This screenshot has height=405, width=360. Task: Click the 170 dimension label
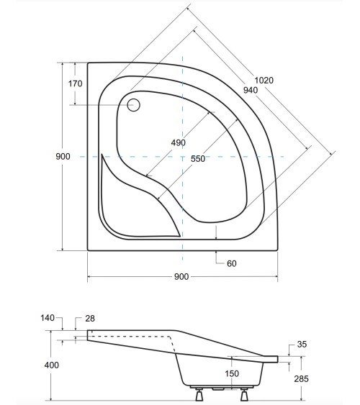(76, 84)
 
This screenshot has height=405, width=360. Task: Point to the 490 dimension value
(178, 142)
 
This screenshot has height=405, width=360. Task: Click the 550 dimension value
(198, 159)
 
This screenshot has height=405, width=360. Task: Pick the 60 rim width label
(232, 263)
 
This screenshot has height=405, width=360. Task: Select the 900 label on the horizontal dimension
(181, 278)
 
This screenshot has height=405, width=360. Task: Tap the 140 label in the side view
(48, 318)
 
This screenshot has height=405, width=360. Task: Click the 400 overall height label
(51, 365)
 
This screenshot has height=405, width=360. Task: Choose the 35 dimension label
(301, 345)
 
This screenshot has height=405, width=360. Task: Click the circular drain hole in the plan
(134, 104)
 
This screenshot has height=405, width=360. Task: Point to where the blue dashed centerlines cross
(182, 156)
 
